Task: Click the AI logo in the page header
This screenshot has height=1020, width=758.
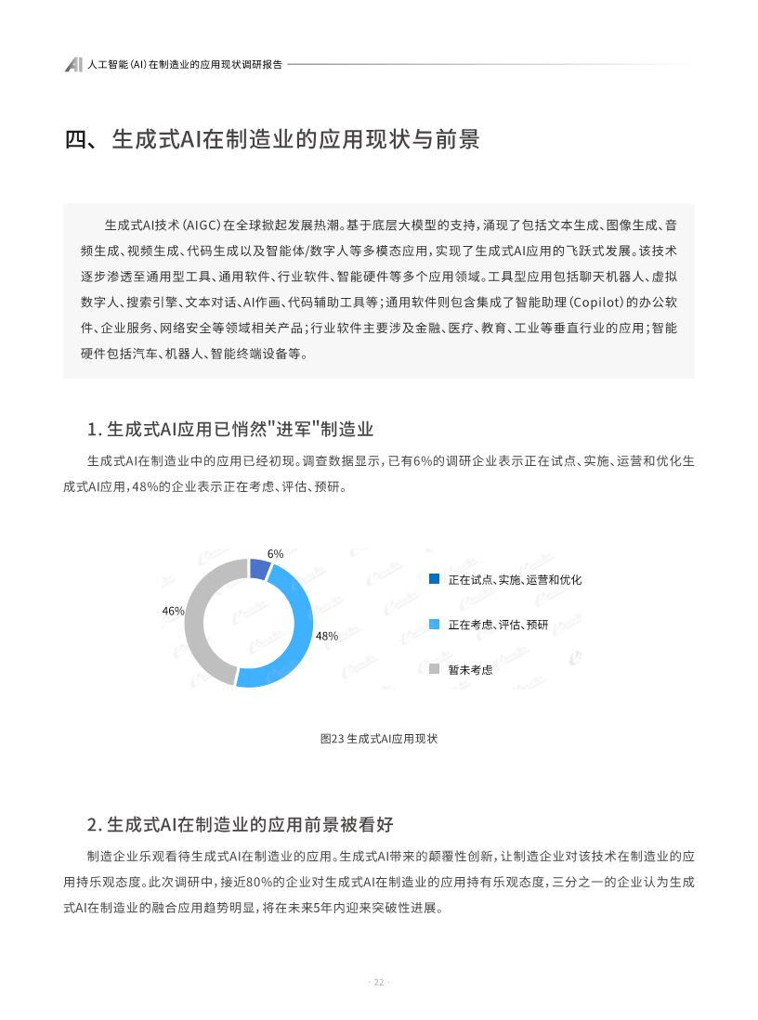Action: click(x=74, y=65)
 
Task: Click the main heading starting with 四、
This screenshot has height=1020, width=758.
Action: click(x=272, y=140)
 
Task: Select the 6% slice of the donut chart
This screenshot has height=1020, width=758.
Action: click(x=260, y=568)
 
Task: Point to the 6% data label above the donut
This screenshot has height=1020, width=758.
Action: click(x=275, y=553)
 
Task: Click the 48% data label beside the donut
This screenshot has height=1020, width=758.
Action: click(x=326, y=637)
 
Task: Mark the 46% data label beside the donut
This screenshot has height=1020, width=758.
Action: click(x=173, y=611)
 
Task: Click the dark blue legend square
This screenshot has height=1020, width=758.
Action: click(x=434, y=579)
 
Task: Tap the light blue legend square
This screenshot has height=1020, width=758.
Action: click(x=434, y=624)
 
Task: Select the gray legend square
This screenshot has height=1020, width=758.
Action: click(x=434, y=669)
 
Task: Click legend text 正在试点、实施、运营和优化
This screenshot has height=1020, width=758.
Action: click(x=515, y=579)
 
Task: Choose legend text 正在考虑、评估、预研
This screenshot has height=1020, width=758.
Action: click(x=498, y=625)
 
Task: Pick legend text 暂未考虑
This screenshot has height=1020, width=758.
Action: click(x=470, y=669)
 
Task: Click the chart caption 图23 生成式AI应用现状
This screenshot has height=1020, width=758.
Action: click(x=378, y=739)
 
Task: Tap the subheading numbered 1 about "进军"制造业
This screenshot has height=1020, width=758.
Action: click(x=229, y=429)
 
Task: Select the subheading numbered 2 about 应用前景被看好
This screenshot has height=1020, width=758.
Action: click(x=241, y=824)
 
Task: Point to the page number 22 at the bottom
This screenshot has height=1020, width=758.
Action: click(x=379, y=983)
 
